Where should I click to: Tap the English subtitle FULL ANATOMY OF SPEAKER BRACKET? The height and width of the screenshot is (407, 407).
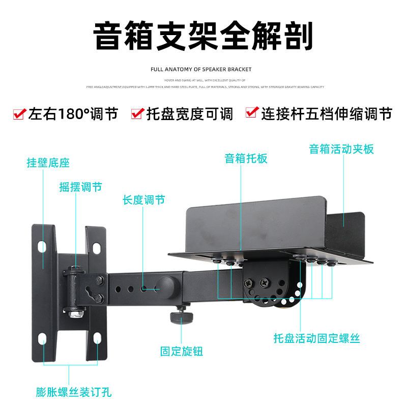[201, 69]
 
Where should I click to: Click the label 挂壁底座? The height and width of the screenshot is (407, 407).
[48, 163]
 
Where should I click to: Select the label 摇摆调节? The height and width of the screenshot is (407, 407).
[80, 187]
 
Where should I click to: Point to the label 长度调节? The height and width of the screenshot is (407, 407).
[143, 200]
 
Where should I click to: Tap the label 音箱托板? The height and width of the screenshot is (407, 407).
[246, 158]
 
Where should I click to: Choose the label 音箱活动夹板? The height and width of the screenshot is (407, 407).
[341, 149]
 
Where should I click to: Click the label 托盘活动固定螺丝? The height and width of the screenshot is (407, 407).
[316, 338]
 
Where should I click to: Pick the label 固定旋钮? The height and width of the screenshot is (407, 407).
[182, 351]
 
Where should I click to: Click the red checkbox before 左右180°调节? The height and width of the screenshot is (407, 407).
[19, 114]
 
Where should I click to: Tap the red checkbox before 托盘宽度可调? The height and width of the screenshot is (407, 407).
[137, 114]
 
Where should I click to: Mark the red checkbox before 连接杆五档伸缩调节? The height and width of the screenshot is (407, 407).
[251, 113]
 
